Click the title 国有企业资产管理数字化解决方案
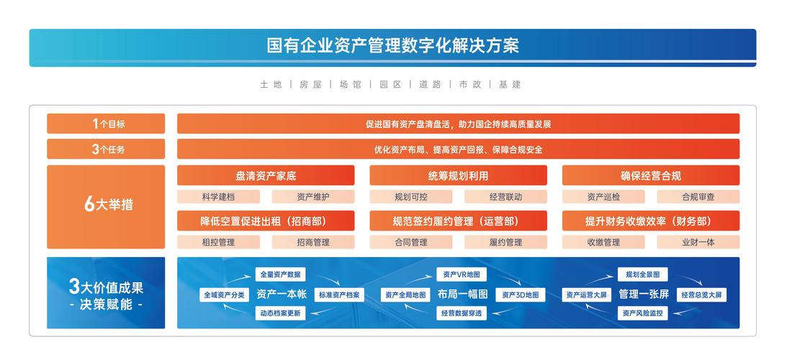tap(392, 47)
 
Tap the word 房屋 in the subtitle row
tap(310, 84)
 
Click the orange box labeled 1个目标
tap(106, 124)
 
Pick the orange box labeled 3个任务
tap(106, 150)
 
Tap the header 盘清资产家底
tap(266, 176)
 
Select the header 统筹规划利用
tap(458, 176)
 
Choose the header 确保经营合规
tap(650, 176)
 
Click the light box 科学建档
tap(218, 197)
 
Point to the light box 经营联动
tap(505, 197)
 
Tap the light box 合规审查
tap(698, 197)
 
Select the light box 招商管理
tap(313, 243)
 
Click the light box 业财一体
tap(698, 243)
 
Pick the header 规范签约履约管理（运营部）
tap(458, 221)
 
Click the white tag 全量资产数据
tap(281, 274)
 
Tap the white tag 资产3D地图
tap(521, 294)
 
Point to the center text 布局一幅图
tap(462, 294)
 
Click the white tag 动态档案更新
tap(281, 313)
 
